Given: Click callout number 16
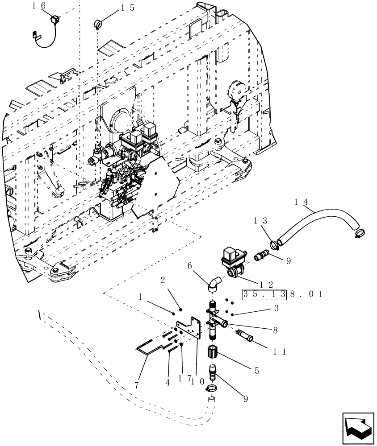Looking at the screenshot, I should click(x=38, y=6).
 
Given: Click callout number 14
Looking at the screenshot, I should click(x=301, y=202).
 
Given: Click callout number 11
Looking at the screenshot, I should click(x=281, y=351).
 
